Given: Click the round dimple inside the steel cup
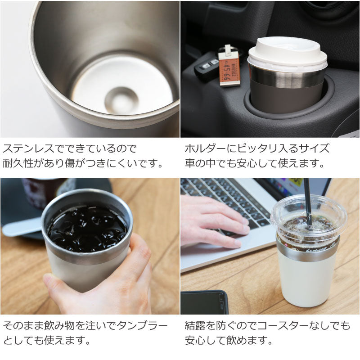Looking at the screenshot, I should pos(121,99).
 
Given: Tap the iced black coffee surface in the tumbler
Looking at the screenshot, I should pos(88,227).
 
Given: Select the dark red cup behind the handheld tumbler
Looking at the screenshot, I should pos(43,191).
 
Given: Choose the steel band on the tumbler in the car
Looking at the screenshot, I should pos(288,77).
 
